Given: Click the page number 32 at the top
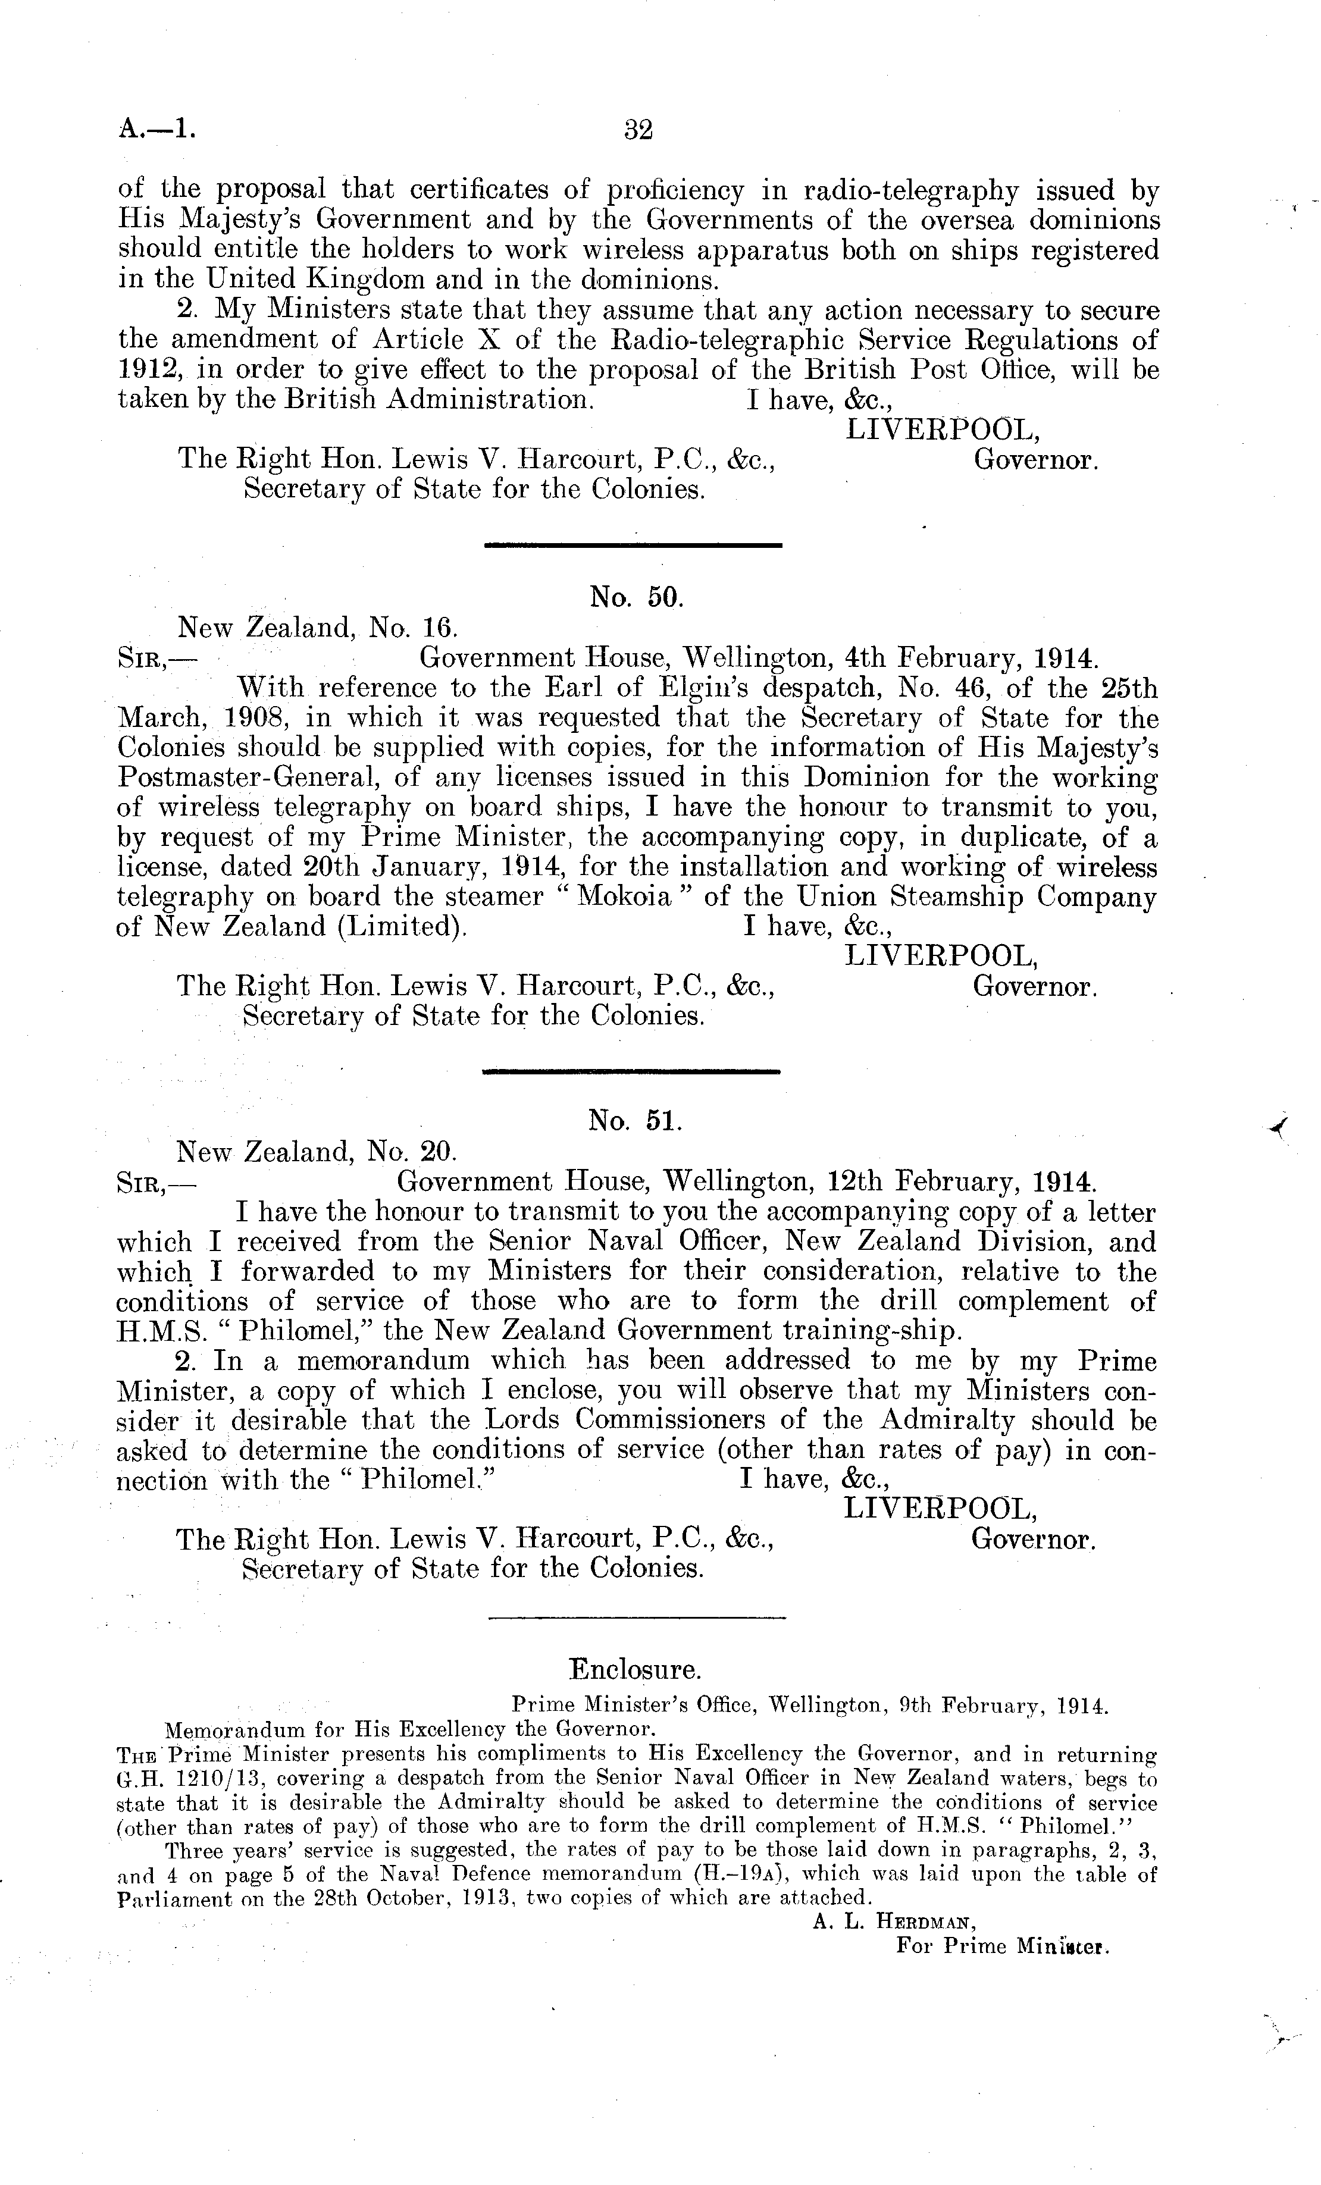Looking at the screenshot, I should pyautogui.click(x=638, y=130).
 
